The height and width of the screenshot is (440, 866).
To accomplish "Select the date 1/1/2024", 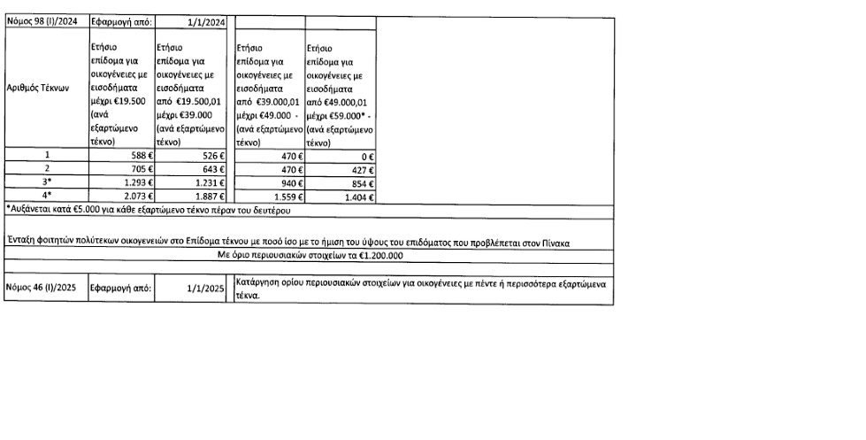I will tap(203, 21).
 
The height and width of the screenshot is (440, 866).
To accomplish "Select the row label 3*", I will tap(47, 182).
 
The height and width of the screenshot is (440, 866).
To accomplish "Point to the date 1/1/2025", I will tap(203, 288).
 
